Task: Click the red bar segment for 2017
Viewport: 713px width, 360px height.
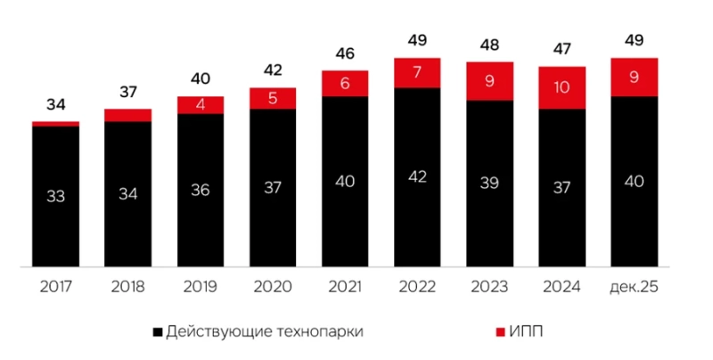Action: pyautogui.click(x=55, y=124)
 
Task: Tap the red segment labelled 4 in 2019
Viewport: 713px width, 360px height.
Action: pyautogui.click(x=201, y=105)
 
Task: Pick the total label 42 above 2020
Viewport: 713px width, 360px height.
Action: pyautogui.click(x=273, y=70)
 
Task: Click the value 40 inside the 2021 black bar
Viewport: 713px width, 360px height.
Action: pyautogui.click(x=345, y=181)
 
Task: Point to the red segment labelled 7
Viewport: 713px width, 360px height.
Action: pyautogui.click(x=418, y=73)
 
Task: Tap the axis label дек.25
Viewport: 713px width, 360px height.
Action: pyautogui.click(x=635, y=287)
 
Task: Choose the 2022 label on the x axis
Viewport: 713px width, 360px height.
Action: pyautogui.click(x=418, y=287)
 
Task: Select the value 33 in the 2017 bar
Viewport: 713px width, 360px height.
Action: pyautogui.click(x=55, y=196)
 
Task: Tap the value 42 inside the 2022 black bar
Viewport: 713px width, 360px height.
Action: pyautogui.click(x=418, y=176)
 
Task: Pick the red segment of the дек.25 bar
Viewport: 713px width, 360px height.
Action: pyautogui.click(x=635, y=78)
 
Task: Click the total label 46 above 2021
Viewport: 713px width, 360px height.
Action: pyautogui.click(x=345, y=53)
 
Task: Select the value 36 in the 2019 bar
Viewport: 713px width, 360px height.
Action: pyautogui.click(x=201, y=190)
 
